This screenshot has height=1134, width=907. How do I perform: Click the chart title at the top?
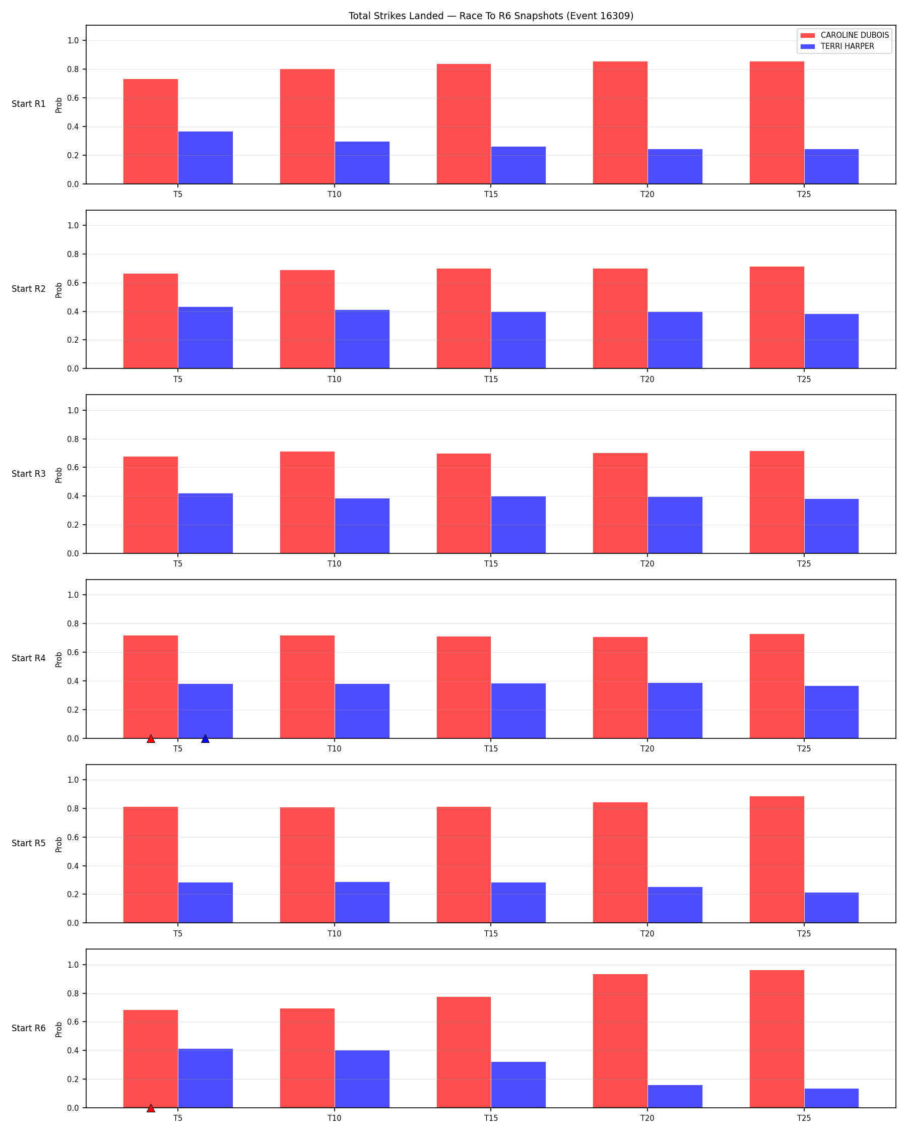491,16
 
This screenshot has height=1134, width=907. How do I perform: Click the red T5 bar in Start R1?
150,132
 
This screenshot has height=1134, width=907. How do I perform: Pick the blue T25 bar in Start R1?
831,167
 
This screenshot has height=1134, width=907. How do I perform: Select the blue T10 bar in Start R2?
362,339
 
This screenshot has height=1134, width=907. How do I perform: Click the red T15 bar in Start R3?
464,503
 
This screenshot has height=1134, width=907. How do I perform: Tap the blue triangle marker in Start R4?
205,739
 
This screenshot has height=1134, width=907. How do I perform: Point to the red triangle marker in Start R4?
151,739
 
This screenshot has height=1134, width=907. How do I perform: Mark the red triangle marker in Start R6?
151,1108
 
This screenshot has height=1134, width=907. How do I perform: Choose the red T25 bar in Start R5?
777,859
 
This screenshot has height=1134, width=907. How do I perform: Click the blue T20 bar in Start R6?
675,1096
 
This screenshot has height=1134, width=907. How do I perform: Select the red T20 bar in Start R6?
620,1041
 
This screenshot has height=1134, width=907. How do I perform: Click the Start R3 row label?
29,474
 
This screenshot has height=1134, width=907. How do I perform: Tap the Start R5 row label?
29,843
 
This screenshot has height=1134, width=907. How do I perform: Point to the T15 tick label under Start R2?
491,379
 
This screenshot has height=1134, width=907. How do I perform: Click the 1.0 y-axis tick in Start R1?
73,40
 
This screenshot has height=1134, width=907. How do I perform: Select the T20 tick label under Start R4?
647,749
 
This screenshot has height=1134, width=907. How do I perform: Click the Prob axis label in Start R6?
59,1029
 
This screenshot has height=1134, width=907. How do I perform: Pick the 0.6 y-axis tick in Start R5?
73,837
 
